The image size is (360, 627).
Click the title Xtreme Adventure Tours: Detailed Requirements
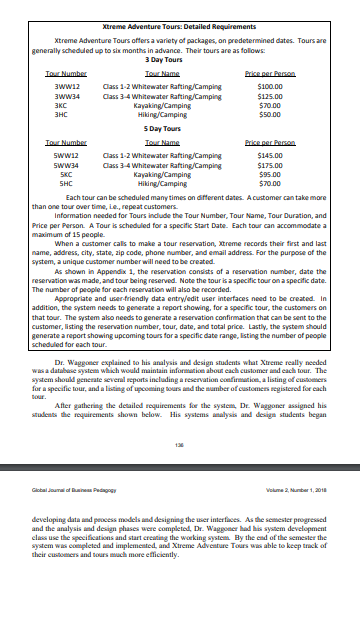tap(181, 17)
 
